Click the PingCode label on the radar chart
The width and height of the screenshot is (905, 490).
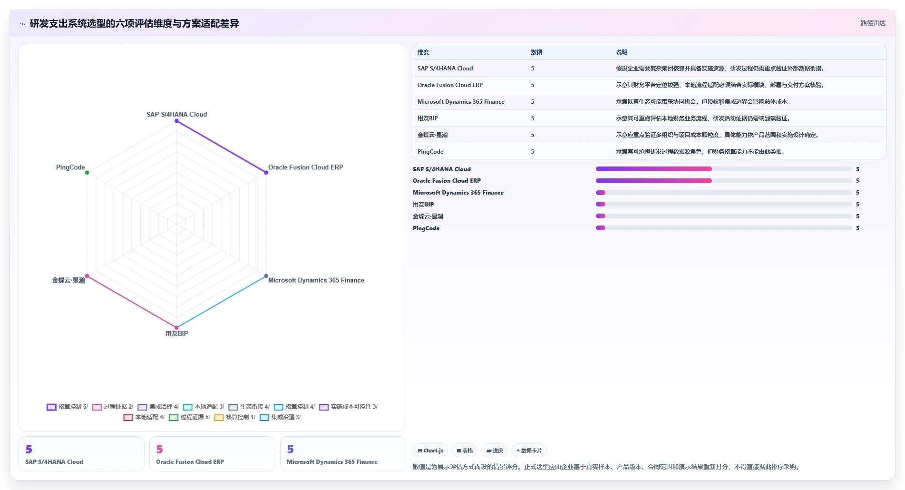pos(70,167)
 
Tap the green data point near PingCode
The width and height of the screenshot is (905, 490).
pos(87,173)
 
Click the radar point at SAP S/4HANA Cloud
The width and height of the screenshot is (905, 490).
pos(176,121)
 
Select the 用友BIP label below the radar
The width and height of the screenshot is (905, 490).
pos(176,333)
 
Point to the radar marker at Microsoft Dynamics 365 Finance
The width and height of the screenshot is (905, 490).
pos(266,276)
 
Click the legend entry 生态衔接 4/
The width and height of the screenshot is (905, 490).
pos(249,407)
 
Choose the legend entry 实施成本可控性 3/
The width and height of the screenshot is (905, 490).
pos(349,407)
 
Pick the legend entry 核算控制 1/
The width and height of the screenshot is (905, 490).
pos(235,417)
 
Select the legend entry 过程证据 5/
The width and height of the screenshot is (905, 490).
pos(189,417)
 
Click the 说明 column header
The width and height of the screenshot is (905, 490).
pos(622,52)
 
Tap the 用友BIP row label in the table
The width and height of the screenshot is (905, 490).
pos(428,118)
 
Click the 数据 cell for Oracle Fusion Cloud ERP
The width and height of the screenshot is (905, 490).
pos(533,85)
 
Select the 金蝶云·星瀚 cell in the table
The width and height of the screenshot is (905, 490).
pos(432,135)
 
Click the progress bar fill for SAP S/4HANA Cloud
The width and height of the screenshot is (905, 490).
pos(654,169)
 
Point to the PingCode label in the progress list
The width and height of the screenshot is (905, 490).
pos(426,228)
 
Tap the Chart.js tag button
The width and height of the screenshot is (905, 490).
pos(430,451)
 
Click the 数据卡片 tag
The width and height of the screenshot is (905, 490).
pos(529,451)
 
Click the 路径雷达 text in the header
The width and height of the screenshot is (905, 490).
pos(873,23)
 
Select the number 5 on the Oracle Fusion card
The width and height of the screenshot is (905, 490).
pos(160,449)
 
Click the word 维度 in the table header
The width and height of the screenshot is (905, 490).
pos(423,52)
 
